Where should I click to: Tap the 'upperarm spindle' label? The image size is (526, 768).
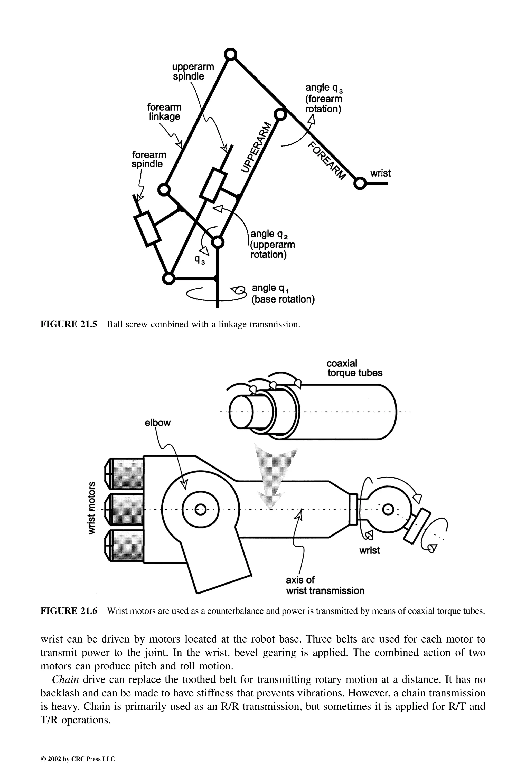[193, 72]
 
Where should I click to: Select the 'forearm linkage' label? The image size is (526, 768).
[164, 112]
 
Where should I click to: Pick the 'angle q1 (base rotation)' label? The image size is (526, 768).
[283, 294]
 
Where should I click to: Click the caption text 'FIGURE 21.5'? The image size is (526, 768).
[69, 324]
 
